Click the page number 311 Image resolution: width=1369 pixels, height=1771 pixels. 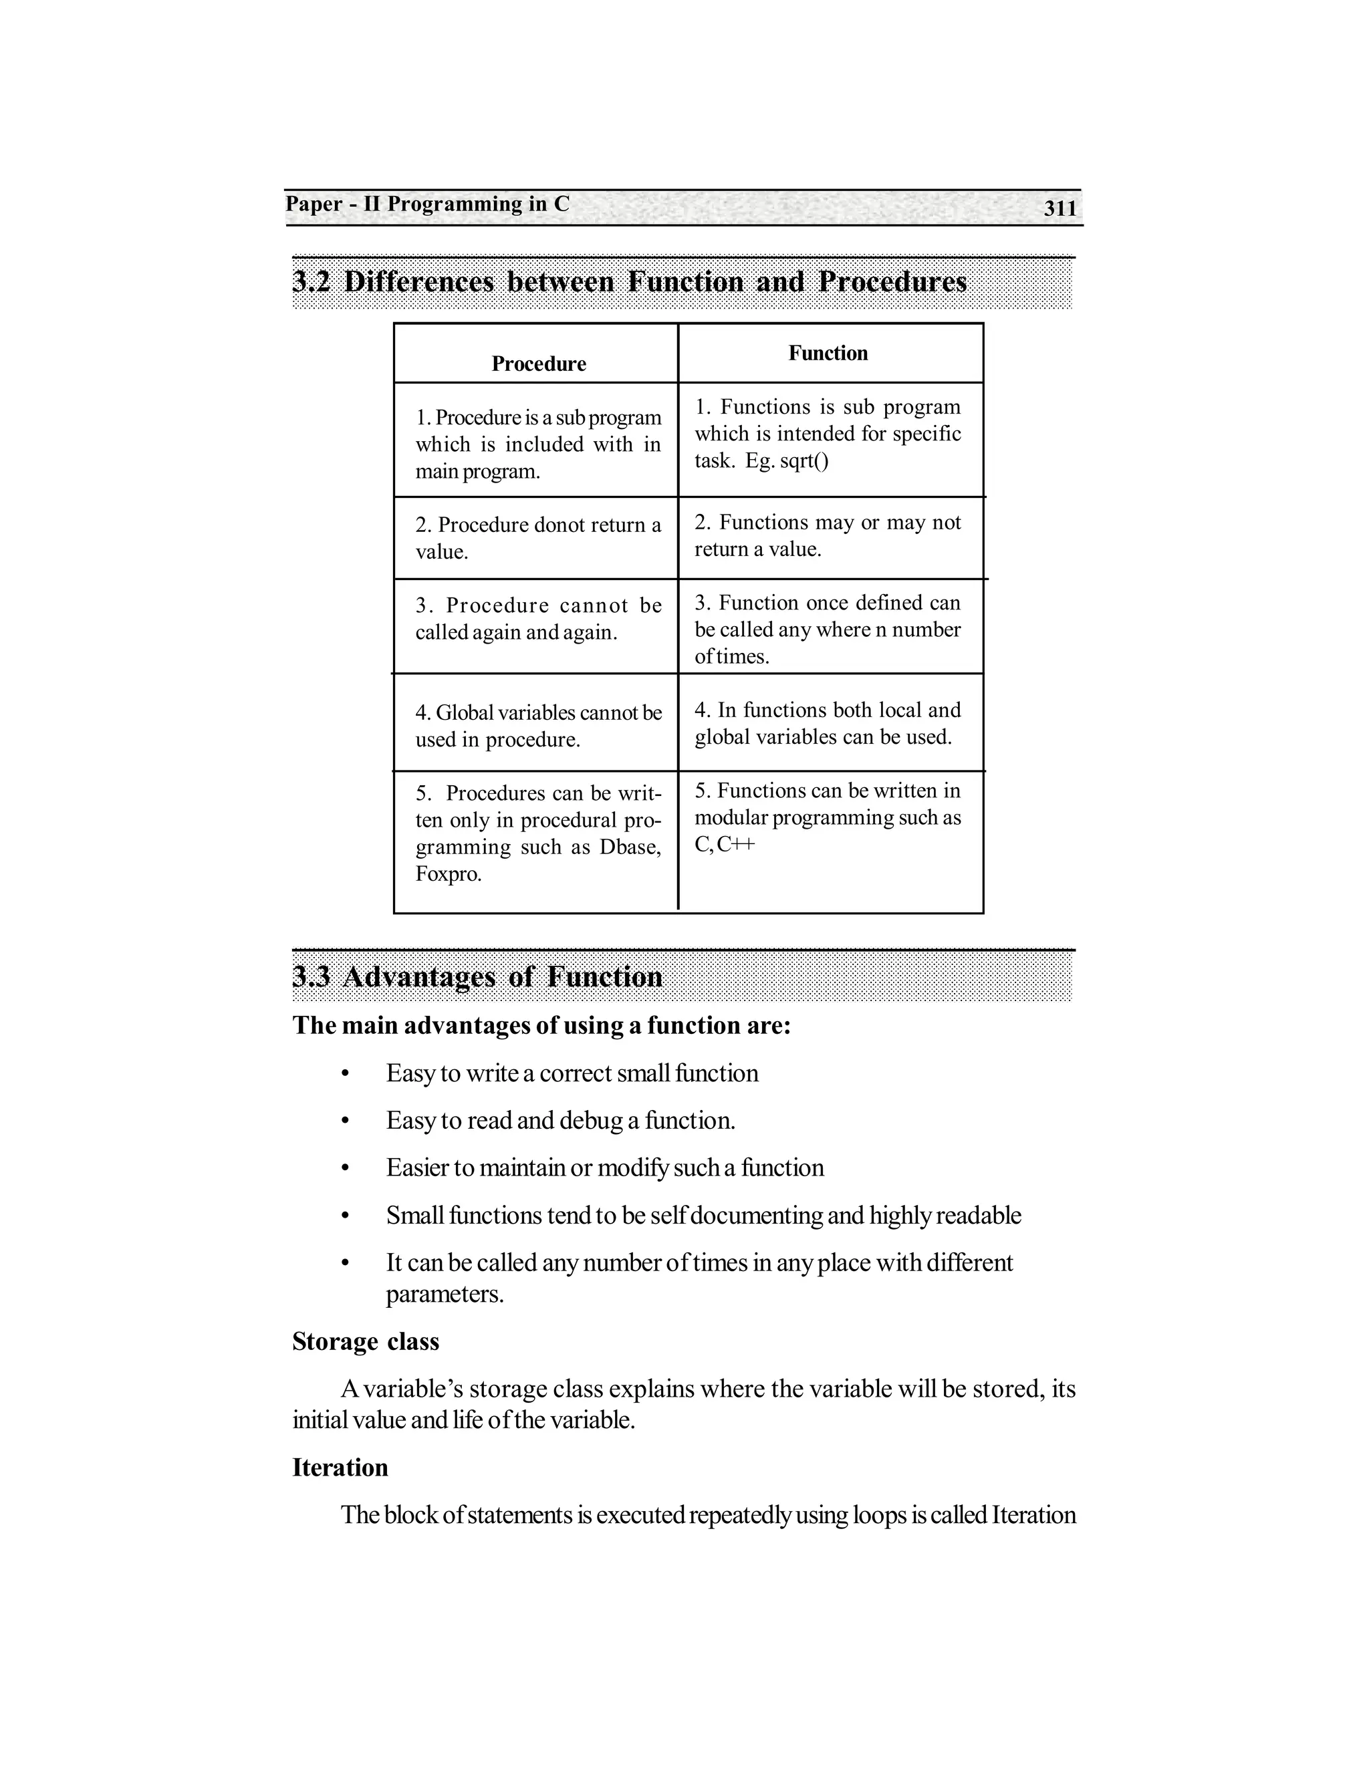1060,209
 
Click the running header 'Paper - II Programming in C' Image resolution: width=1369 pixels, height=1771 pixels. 427,204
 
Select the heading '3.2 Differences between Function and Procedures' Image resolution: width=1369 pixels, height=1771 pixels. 629,281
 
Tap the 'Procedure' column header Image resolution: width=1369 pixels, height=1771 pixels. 539,364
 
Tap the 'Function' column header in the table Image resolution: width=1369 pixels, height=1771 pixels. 828,353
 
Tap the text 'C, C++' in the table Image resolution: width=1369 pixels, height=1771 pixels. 724,844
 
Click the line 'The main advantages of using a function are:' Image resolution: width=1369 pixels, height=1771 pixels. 541,1025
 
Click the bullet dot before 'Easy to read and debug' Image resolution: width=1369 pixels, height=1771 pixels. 345,1121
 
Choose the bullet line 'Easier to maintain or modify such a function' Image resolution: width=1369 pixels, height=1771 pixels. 604,1168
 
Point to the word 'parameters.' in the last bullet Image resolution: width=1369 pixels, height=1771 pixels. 445,1295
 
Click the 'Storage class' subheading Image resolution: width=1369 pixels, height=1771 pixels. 365,1341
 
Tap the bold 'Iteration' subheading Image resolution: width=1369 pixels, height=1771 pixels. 340,1468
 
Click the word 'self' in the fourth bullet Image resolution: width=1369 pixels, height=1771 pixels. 668,1216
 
